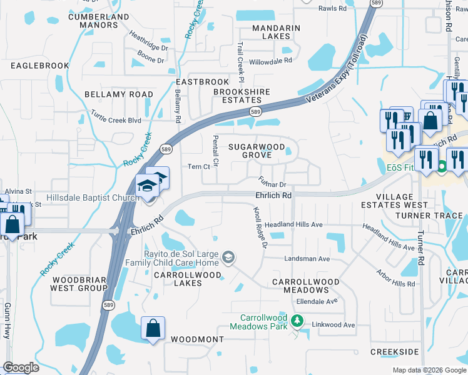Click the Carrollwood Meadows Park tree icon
[298, 322]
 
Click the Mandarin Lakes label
[276, 32]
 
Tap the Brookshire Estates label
[242, 96]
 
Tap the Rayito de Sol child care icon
[229, 257]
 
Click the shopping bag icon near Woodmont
[153, 327]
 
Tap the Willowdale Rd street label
[270, 61]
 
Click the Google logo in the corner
[21, 367]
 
